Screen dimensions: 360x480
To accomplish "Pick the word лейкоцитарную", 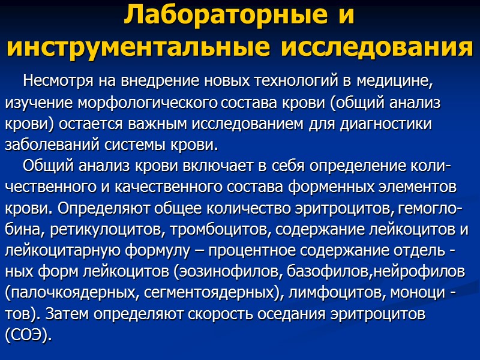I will pyautogui.click(x=61, y=250).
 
